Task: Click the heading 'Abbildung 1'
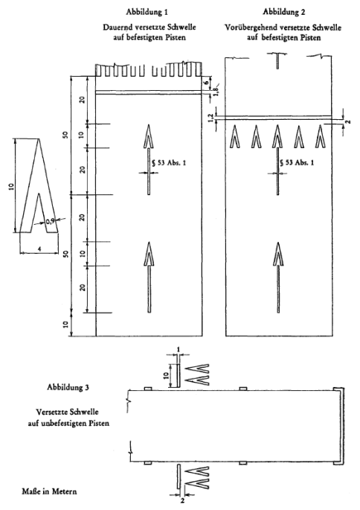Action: pyautogui.click(x=147, y=13)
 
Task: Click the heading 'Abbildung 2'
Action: pyautogui.click(x=283, y=12)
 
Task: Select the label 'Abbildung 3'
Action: pyautogui.click(x=68, y=387)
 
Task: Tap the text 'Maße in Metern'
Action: pyautogui.click(x=49, y=491)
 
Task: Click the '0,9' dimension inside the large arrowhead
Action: pyautogui.click(x=50, y=222)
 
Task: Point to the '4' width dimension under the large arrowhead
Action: pyautogui.click(x=39, y=249)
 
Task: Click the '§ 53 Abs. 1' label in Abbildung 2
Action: pyautogui.click(x=297, y=162)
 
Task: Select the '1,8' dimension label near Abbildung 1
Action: pyautogui.click(x=216, y=89)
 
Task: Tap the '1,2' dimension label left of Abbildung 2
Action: pyautogui.click(x=210, y=118)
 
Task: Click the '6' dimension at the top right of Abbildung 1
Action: pyautogui.click(x=206, y=83)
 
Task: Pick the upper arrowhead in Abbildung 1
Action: pyautogui.click(x=149, y=136)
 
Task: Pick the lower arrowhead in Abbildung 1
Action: pyautogui.click(x=150, y=254)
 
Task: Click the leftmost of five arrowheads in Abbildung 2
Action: pyautogui.click(x=235, y=136)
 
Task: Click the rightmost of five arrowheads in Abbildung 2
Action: pyautogui.click(x=321, y=136)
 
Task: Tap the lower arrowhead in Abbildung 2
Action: pyautogui.click(x=278, y=254)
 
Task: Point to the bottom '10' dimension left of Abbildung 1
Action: pyautogui.click(x=66, y=325)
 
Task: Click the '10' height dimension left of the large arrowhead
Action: pyautogui.click(x=11, y=186)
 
